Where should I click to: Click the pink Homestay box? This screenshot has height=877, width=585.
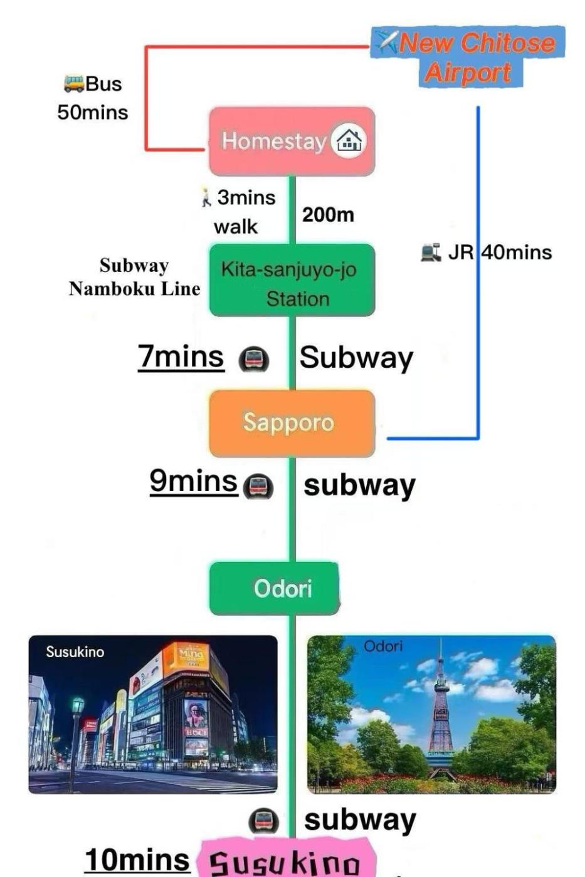[292, 141]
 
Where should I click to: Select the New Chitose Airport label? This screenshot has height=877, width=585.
[467, 56]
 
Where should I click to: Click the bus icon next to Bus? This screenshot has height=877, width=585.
[73, 83]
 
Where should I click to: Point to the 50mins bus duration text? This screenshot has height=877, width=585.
[92, 113]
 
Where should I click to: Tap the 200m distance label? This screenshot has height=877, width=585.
[328, 215]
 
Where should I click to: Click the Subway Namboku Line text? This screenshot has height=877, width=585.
[134, 277]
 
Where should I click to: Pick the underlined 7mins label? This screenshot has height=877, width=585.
[181, 357]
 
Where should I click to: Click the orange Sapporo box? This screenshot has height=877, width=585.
[292, 423]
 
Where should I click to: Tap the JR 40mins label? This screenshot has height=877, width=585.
[499, 252]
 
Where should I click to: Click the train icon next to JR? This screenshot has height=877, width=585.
[431, 252]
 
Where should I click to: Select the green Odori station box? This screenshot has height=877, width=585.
[275, 588]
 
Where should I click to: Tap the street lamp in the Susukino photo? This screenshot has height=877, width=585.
[76, 720]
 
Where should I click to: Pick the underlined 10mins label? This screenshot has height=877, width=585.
[137, 860]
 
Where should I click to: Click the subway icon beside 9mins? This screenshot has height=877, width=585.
[257, 486]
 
